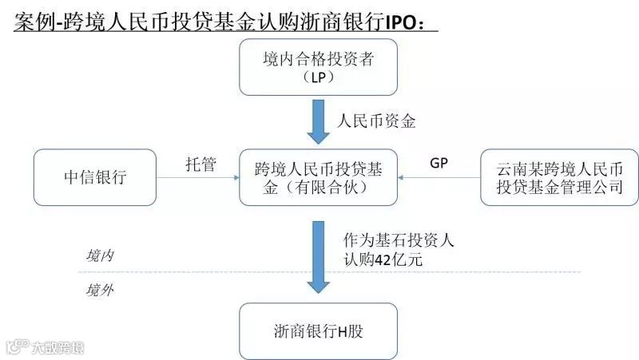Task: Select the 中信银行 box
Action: click(94, 177)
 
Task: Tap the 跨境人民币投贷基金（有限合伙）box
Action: click(319, 178)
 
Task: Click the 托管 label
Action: click(199, 164)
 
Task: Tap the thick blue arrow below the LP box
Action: click(319, 121)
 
